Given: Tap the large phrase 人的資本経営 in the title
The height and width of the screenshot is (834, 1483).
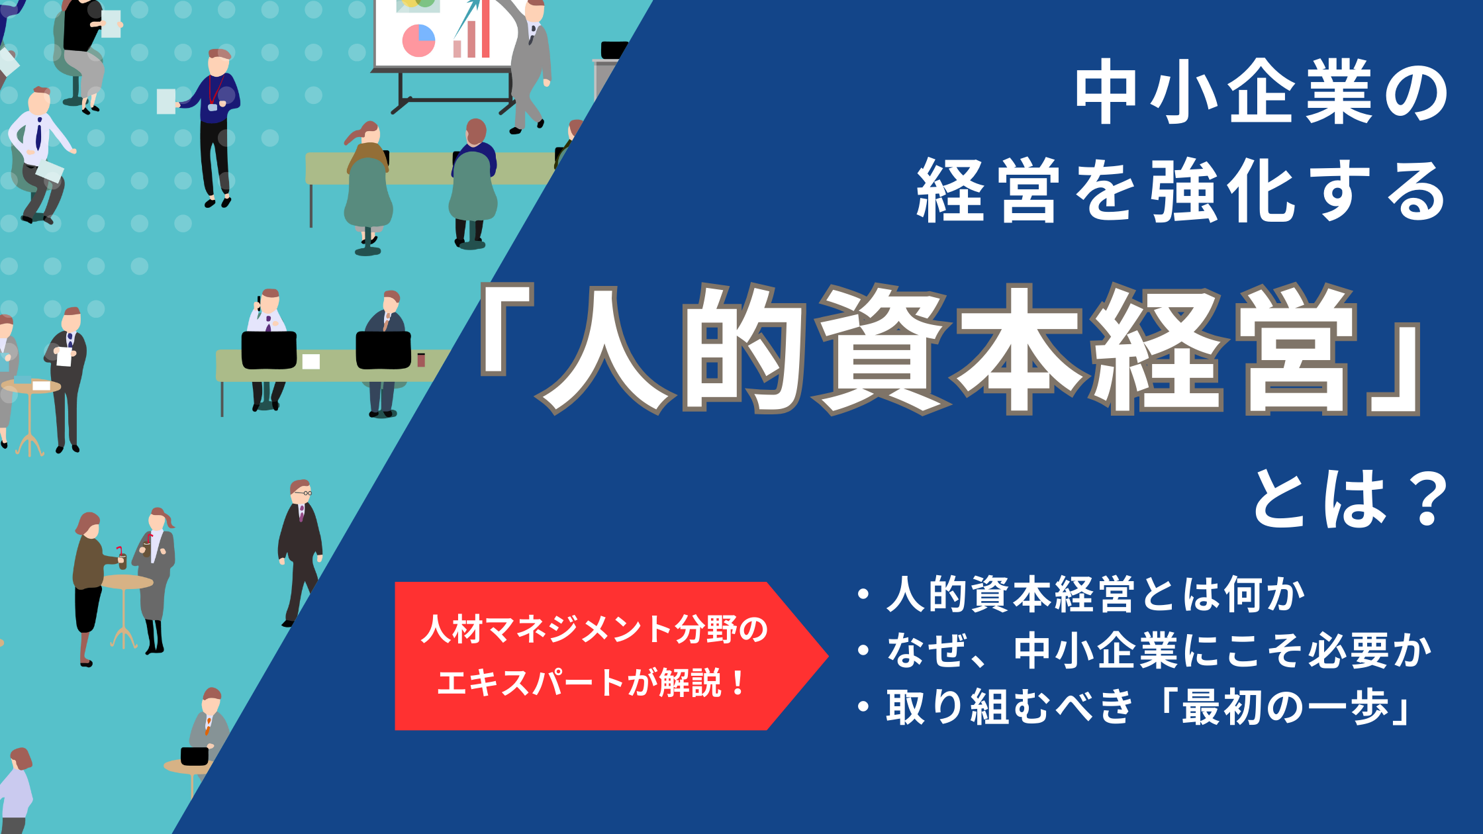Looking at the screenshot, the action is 950,349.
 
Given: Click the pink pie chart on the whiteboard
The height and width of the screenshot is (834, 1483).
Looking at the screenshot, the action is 418,40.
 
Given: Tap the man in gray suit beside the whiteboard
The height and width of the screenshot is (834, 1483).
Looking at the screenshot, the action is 530,66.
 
